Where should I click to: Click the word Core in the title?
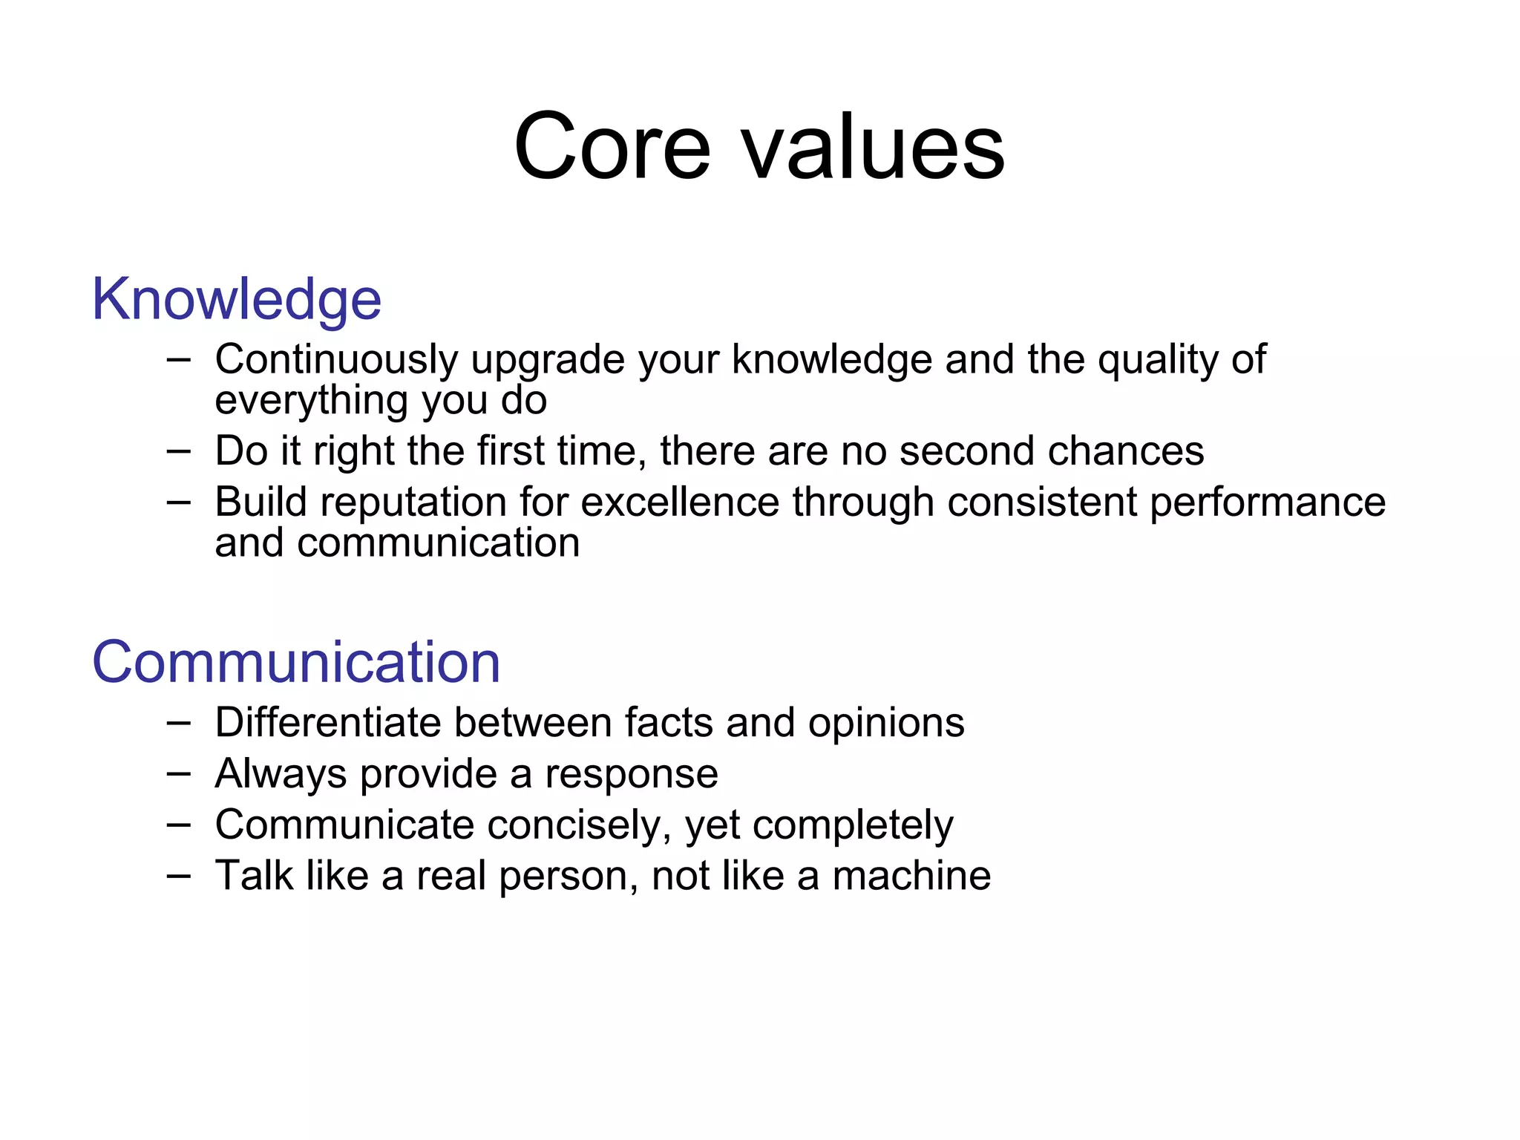coord(612,146)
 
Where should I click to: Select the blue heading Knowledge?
coord(236,299)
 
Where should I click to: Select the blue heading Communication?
coord(296,662)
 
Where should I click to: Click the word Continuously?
coord(336,360)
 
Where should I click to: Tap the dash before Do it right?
coord(179,451)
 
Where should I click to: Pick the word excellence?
coord(679,502)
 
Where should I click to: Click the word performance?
coord(1267,503)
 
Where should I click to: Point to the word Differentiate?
coord(328,722)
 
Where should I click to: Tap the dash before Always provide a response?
coord(179,773)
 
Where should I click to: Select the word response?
coord(632,775)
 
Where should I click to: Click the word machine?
coord(911,876)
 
